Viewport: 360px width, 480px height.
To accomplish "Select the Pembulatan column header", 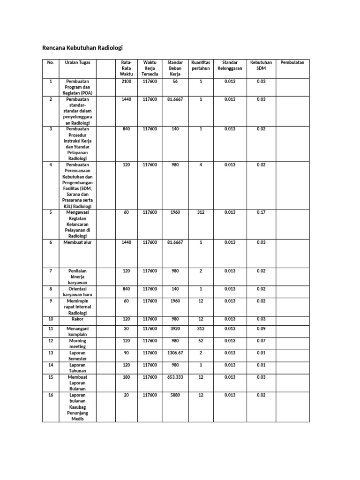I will click(292, 62).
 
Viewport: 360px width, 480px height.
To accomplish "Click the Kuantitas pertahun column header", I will click(201, 65).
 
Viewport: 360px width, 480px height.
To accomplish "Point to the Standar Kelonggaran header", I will click(230, 65).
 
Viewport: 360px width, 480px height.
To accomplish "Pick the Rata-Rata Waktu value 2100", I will click(126, 82).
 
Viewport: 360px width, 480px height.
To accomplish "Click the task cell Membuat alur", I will click(78, 242).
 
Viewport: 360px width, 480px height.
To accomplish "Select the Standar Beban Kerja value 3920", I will click(175, 329).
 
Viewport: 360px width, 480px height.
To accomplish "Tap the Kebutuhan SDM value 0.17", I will click(261, 212).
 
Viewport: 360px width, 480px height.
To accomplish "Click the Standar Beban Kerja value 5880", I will click(175, 395).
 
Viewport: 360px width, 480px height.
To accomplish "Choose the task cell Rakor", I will click(78, 319).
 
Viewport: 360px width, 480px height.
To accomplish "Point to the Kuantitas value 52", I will click(201, 341).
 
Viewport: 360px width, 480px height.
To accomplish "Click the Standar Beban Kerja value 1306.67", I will click(175, 353).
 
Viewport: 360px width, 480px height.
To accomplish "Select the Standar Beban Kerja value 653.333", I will click(175, 377).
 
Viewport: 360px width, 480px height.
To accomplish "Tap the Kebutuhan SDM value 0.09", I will click(261, 329).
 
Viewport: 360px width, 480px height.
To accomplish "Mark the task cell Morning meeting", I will click(78, 344).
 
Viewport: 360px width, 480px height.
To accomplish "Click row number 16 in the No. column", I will click(51, 395).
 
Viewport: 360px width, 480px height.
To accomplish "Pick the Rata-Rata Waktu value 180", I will click(126, 377).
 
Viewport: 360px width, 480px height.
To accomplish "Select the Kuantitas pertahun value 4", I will click(201, 165).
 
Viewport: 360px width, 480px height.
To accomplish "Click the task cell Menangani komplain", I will click(78, 332).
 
